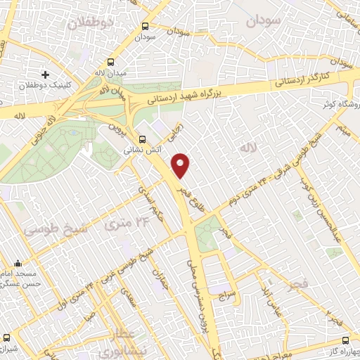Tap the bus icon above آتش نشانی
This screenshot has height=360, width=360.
click(143, 139)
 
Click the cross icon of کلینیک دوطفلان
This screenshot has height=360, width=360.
click(46, 74)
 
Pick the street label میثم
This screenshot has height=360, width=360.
click(342, 129)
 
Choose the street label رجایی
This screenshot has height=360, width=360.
click(180, 131)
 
